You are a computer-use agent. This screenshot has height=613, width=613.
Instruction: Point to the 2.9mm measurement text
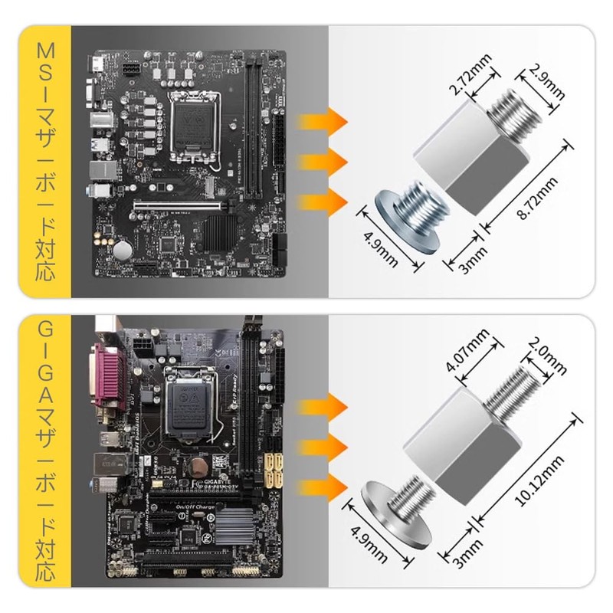(x=546, y=86)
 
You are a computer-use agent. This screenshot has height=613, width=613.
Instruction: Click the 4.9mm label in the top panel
(x=380, y=247)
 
